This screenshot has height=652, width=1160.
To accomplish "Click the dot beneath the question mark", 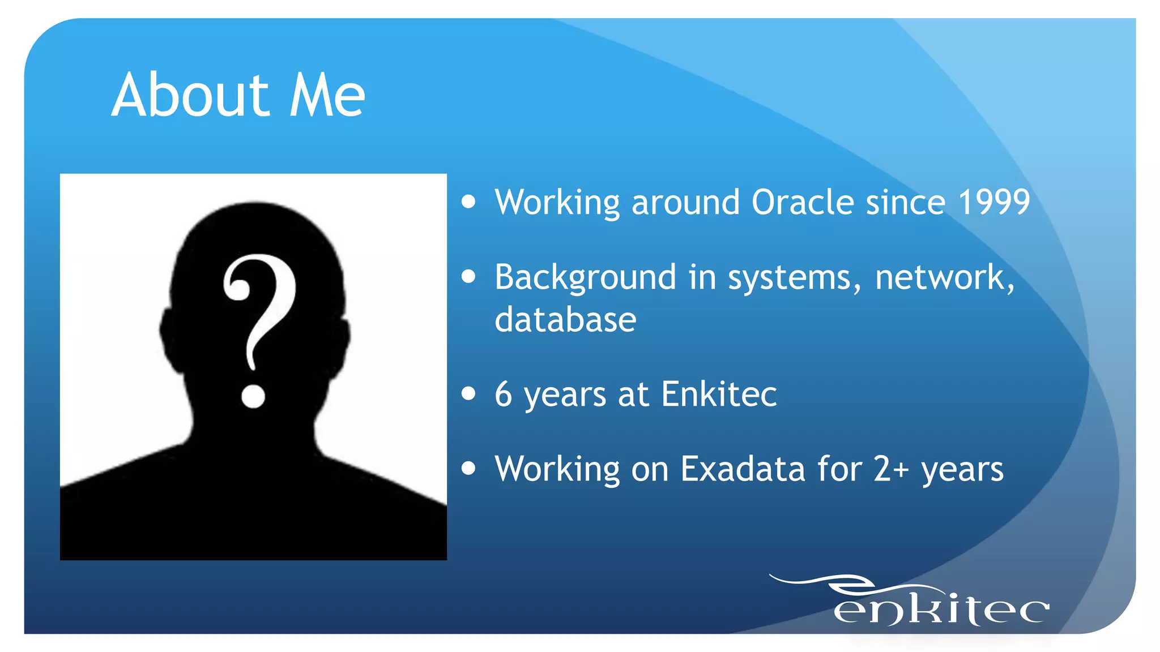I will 253,396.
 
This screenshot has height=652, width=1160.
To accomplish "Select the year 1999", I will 994,202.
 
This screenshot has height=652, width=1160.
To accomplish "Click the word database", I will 565,319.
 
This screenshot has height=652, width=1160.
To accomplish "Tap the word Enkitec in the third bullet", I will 719,394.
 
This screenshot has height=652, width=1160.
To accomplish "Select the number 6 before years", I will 504,394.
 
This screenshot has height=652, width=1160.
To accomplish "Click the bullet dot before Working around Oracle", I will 468,202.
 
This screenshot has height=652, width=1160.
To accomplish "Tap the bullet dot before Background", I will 468,277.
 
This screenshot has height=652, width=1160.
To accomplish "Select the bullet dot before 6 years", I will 468,393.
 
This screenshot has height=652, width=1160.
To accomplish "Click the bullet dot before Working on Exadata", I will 468,468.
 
